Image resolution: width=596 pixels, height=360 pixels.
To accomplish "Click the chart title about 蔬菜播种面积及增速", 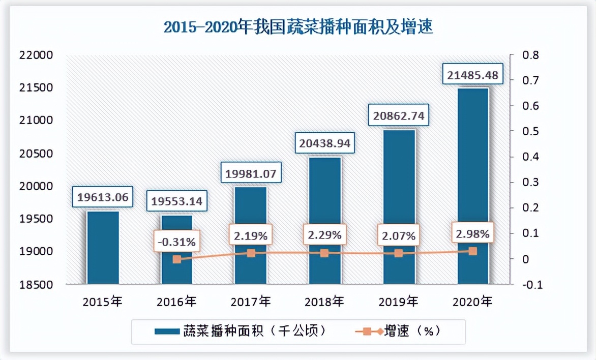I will tap(298, 26).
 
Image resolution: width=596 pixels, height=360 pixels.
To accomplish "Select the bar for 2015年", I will tap(103, 248).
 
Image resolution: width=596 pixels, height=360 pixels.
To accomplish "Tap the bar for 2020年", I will tap(472, 186).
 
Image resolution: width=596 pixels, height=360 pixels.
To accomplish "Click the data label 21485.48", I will tap(472, 76).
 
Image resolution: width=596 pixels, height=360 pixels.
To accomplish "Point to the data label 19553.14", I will tap(177, 202).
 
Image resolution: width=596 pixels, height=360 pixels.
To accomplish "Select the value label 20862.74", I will tap(398, 116).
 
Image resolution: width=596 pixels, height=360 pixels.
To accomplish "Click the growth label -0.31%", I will tap(177, 242).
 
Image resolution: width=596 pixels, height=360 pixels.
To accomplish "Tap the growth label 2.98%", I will tap(472, 234).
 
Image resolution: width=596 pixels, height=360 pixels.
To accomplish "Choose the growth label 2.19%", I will tap(251, 236).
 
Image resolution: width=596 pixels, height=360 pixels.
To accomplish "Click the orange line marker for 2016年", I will tap(176, 259).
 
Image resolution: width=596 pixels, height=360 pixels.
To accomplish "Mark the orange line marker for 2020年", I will tap(472, 251).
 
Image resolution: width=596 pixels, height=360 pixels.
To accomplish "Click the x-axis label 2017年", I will tap(251, 302).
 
